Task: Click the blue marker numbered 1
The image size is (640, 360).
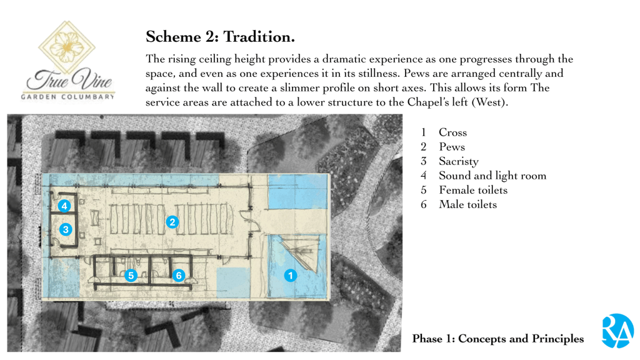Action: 290,275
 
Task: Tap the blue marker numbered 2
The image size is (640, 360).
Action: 172,222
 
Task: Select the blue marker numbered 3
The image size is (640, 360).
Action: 66,229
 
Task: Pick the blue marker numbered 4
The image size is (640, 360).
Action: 64,206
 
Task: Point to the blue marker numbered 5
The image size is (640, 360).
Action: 131,275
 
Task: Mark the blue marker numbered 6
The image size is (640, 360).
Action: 179,275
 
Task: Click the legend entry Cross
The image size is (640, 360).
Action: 452,132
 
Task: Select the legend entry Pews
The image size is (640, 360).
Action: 451,147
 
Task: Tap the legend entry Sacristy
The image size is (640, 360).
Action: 458,161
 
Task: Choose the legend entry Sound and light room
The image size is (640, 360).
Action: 492,176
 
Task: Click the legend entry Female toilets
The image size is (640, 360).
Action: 472,190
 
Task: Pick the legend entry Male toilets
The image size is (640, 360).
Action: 467,204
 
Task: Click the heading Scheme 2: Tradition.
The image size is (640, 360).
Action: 220,37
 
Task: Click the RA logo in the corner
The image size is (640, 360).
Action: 617,331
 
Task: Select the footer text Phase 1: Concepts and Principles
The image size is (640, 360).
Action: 497,339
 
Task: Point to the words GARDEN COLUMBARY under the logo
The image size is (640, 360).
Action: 68,97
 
